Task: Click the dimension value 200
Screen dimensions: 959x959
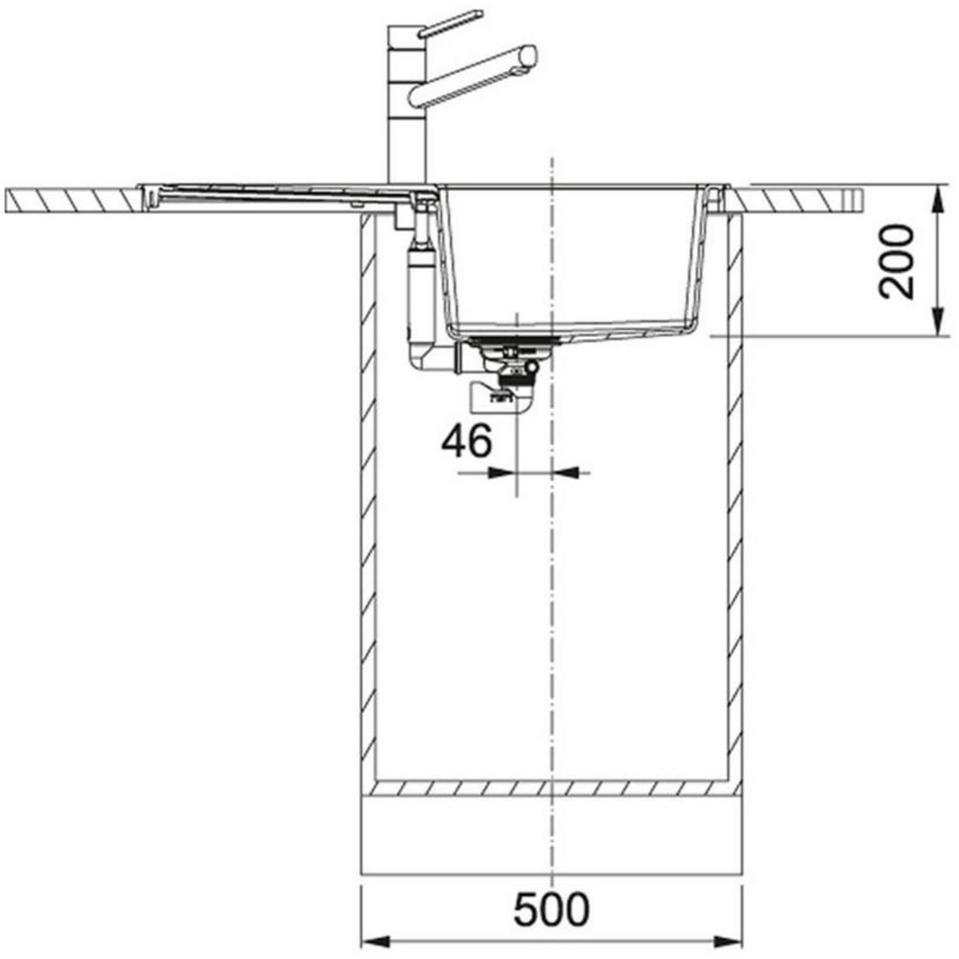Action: [x=896, y=262]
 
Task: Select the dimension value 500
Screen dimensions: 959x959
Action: [x=551, y=909]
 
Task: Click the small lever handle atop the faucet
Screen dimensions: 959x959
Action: [x=451, y=22]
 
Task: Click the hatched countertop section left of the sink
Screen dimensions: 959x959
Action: [x=72, y=198]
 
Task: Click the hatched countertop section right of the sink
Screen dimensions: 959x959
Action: [x=807, y=198]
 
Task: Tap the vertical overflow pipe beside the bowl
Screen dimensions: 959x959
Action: [x=418, y=288]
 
